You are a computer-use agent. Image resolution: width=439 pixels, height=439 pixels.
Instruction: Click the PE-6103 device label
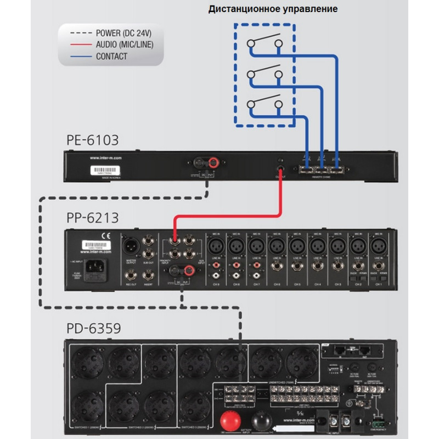pos(92,140)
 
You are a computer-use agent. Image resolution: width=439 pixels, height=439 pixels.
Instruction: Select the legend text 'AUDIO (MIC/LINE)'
pos(124,44)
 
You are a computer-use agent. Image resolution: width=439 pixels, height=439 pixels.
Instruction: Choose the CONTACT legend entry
pos(111,56)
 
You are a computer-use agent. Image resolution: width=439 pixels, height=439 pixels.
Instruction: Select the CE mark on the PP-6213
pos(104,238)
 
